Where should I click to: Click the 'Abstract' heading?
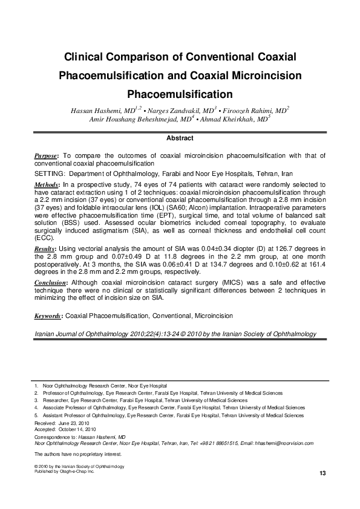[x=180, y=138]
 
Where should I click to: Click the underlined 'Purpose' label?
[x=47, y=156]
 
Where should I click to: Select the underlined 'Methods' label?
[x=47, y=183]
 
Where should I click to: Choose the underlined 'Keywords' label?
[x=48, y=316]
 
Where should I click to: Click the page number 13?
[x=322, y=472]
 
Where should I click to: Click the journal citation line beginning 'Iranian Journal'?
[x=175, y=333]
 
